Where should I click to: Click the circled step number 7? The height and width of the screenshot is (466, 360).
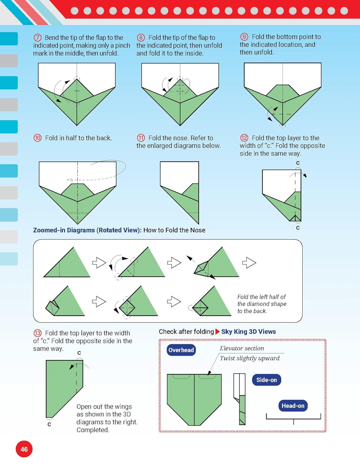(x=37, y=38)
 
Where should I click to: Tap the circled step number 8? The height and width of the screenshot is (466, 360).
(x=141, y=38)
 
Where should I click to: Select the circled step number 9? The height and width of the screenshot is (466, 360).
(x=244, y=37)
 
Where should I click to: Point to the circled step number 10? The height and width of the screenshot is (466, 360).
(x=38, y=138)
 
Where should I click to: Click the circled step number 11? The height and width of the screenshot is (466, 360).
(x=141, y=138)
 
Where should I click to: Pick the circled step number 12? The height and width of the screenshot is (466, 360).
(x=244, y=138)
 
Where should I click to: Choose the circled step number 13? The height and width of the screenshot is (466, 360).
(x=38, y=333)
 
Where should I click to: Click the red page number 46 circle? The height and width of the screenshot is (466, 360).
(x=24, y=449)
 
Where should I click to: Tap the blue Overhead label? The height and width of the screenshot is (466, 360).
(x=181, y=350)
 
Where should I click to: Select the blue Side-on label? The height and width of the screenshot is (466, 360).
(x=267, y=380)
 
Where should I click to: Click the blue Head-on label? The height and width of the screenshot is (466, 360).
(x=293, y=406)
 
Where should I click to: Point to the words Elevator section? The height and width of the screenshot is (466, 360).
(x=242, y=348)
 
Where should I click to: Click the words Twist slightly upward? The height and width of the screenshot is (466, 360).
(x=250, y=358)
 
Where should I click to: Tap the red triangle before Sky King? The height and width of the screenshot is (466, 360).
(x=217, y=331)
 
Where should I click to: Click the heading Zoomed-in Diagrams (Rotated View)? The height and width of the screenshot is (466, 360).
(x=87, y=230)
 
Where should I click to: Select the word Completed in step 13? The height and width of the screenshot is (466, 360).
(x=93, y=430)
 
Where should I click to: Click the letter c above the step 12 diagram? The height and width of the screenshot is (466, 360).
(x=298, y=163)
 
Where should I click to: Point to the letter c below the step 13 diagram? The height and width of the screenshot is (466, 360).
(x=49, y=424)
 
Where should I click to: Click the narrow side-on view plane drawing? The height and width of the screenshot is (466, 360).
(x=239, y=399)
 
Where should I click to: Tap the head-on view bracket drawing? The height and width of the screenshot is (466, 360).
(x=294, y=418)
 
